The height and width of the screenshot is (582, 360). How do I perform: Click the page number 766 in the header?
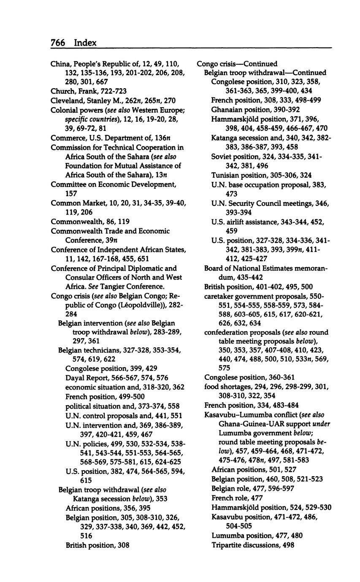[57, 43]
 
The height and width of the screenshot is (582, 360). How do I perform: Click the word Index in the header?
[85, 43]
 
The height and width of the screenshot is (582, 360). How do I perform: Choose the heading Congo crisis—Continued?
[237, 64]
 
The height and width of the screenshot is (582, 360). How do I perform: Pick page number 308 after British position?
[123, 545]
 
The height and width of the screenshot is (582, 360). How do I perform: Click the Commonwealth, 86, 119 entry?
[90, 222]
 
